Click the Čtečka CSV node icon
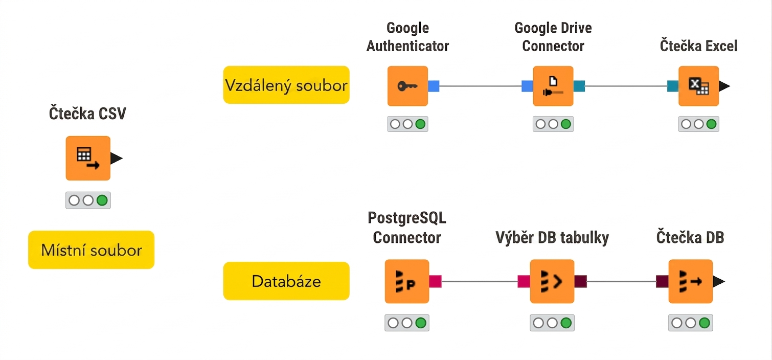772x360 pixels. pyautogui.click(x=88, y=158)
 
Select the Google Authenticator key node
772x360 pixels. pyautogui.click(x=407, y=86)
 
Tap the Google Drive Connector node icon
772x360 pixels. pyautogui.click(x=553, y=86)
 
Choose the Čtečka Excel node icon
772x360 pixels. pyautogui.click(x=698, y=86)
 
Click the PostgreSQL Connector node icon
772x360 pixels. pyautogui.click(x=406, y=281)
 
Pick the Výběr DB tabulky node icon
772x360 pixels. pyautogui.click(x=552, y=281)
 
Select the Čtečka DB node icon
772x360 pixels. pyautogui.click(x=690, y=281)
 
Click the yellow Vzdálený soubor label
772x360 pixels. pyautogui.click(x=286, y=85)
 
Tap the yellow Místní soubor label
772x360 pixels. pyautogui.click(x=92, y=250)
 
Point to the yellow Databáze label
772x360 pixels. pyautogui.click(x=286, y=281)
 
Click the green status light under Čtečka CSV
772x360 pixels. pyautogui.click(x=102, y=200)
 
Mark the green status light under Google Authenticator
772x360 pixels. pyautogui.click(x=420, y=124)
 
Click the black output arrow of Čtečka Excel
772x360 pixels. pyautogui.click(x=724, y=86)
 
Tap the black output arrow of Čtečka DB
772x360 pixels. pyautogui.click(x=719, y=281)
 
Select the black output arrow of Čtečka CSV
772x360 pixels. pyautogui.click(x=116, y=159)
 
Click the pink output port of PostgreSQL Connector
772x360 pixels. pyautogui.click(x=435, y=281)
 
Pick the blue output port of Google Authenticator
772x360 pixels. pyautogui.click(x=434, y=86)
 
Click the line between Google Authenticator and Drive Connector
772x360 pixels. pyautogui.click(x=481, y=86)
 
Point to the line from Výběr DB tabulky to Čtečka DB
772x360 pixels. pyautogui.click(x=621, y=281)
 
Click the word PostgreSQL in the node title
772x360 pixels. pyautogui.click(x=406, y=218)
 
